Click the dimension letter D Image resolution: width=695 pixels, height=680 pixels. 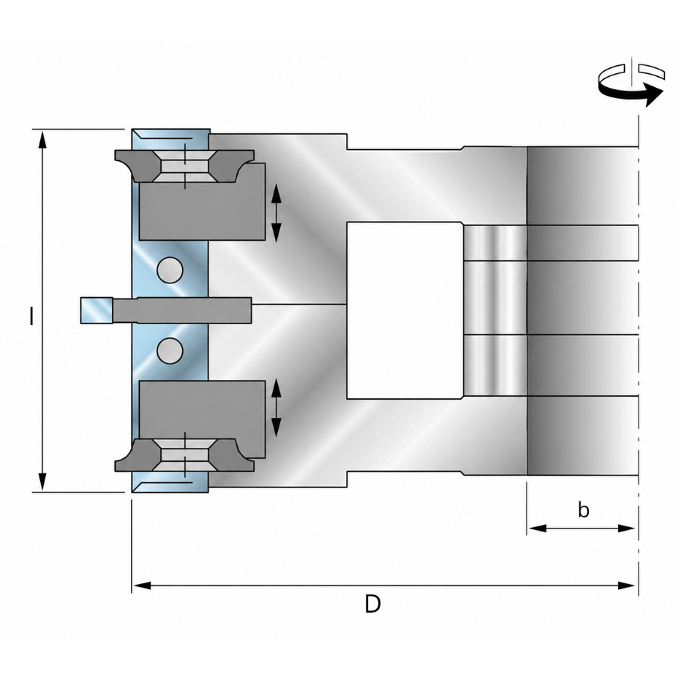click(372, 604)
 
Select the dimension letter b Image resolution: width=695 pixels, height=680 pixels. click(583, 510)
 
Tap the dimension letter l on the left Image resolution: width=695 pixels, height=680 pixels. click(31, 317)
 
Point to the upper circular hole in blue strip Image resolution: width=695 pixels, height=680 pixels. click(170, 270)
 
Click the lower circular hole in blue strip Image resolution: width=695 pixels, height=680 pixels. click(170, 351)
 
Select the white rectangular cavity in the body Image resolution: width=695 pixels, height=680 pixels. click(405, 310)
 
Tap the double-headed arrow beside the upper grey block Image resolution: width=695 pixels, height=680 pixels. click(276, 212)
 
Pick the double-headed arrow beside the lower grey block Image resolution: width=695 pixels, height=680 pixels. click(276, 408)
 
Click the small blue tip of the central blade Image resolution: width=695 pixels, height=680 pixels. click(97, 310)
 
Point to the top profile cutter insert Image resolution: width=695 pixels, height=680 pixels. click(184, 166)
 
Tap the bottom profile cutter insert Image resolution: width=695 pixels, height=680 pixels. click(184, 455)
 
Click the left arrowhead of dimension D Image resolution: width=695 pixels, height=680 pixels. click(142, 586)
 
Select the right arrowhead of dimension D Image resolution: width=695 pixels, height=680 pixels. click(627, 586)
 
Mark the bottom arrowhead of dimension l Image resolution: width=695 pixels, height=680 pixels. click(42, 482)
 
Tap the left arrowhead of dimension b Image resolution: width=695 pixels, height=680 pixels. click(537, 528)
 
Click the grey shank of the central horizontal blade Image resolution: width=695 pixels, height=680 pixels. click(181, 310)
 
